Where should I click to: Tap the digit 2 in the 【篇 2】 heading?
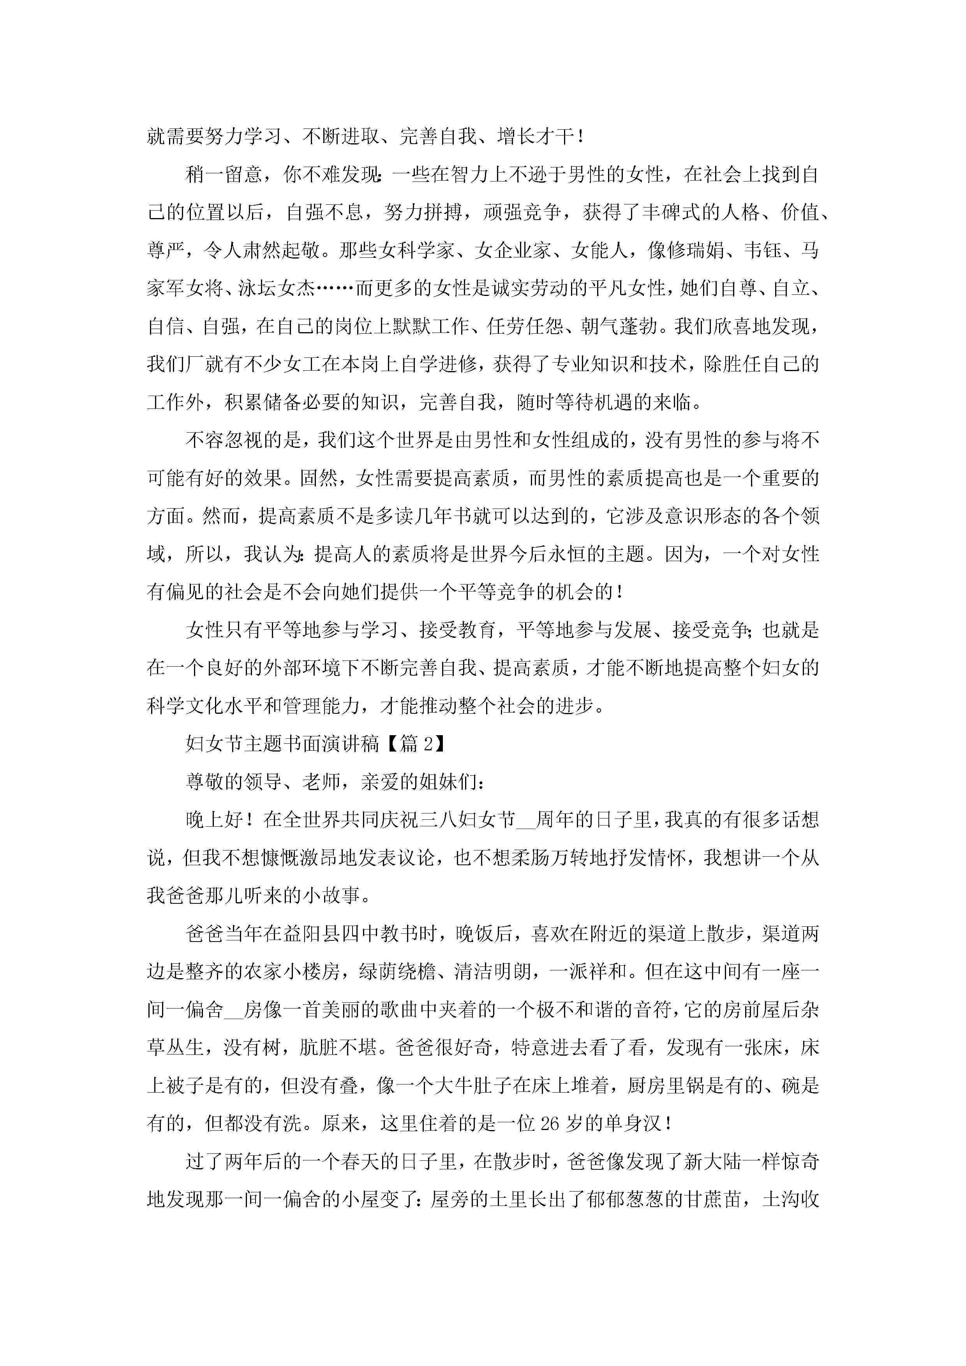tap(427, 744)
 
